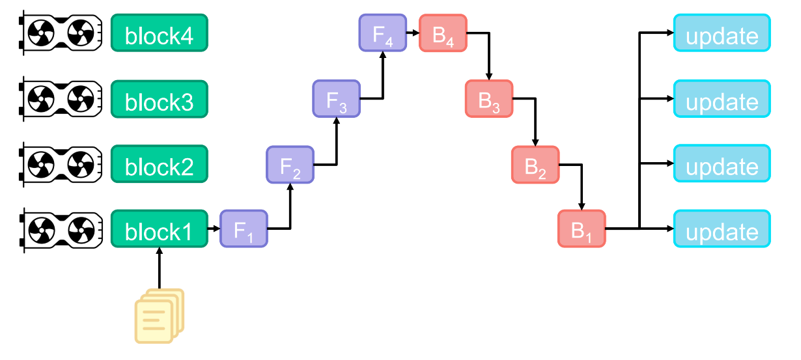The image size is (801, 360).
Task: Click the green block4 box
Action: [x=159, y=33]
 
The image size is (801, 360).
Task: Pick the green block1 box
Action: [x=159, y=229]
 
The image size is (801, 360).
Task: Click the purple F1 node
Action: [x=244, y=229]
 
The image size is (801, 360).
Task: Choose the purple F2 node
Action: [x=290, y=165]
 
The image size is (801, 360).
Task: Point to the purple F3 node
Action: [x=336, y=99]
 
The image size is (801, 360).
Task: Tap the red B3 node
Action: [x=489, y=99]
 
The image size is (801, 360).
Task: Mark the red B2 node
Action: [x=535, y=165]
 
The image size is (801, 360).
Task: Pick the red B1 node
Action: [x=582, y=229]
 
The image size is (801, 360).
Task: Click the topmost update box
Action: [x=722, y=33]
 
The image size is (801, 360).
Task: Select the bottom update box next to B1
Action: [x=722, y=229]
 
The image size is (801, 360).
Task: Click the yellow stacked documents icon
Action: [x=159, y=316]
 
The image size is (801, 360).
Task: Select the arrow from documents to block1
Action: [x=159, y=270]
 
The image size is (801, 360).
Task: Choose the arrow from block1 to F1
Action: [x=214, y=229]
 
